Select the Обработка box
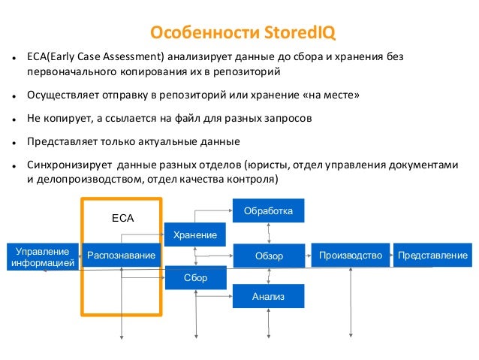click(x=269, y=211)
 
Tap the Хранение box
click(x=195, y=235)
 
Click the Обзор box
click(x=269, y=256)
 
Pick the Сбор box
click(x=195, y=279)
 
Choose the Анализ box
click(x=269, y=297)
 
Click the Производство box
click(x=351, y=256)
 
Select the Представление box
click(x=433, y=256)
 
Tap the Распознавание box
click(x=122, y=256)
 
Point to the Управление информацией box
click(x=41, y=256)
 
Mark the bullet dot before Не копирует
click(x=15, y=119)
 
